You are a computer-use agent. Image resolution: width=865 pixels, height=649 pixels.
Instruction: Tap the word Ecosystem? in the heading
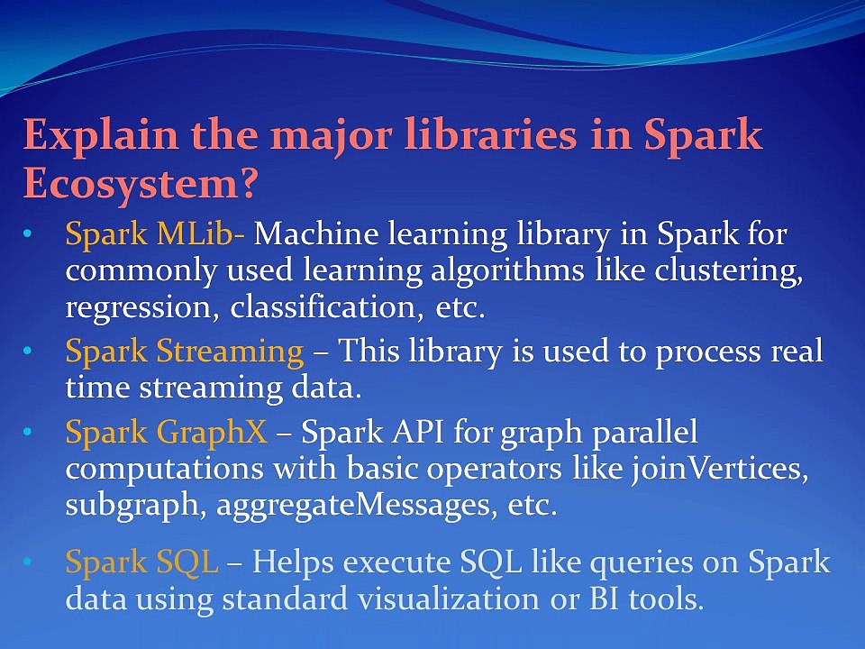tap(141, 184)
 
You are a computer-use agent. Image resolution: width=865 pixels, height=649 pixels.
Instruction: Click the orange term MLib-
tap(201, 233)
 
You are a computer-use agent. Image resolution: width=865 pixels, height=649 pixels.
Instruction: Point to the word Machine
tap(316, 233)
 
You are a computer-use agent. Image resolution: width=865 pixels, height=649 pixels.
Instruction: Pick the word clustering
tap(729, 272)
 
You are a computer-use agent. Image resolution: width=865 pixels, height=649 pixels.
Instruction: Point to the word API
tap(417, 432)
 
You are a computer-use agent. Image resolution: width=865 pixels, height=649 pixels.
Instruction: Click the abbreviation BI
tap(605, 599)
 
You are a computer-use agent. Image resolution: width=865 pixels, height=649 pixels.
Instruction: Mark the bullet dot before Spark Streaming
tap(28, 352)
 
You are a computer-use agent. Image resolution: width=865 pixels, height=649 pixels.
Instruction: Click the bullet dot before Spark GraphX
tap(28, 432)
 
